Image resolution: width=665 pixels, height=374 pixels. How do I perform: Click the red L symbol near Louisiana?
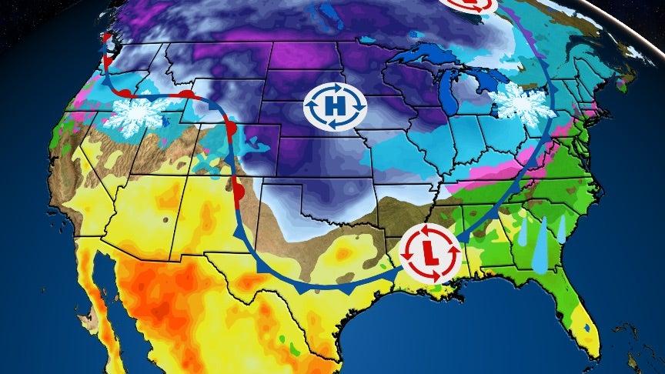point(429,252)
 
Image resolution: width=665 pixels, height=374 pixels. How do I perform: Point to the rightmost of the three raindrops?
point(562,229)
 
